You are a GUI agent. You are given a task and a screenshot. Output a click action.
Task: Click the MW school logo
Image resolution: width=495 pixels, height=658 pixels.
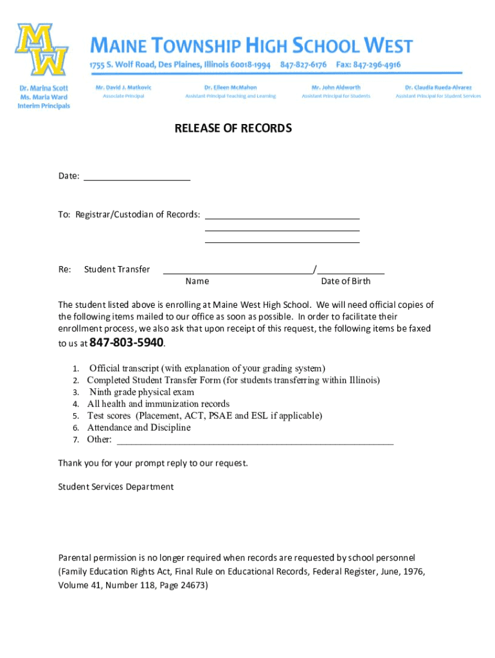[42, 50]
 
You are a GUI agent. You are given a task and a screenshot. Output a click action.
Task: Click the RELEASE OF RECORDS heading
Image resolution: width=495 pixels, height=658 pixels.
[233, 129]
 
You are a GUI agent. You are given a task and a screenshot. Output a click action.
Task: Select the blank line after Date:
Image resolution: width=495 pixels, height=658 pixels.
[137, 179]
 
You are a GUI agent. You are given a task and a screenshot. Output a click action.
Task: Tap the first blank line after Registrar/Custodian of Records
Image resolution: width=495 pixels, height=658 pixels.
[282, 217]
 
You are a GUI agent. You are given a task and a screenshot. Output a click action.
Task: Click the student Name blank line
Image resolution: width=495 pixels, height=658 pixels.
[238, 272]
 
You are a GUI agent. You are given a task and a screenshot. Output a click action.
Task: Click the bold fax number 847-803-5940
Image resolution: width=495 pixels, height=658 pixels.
[127, 342]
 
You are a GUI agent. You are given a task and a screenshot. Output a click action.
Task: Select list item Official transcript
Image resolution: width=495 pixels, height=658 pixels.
[207, 368]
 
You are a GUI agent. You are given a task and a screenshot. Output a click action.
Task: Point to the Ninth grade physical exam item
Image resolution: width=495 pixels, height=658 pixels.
[141, 392]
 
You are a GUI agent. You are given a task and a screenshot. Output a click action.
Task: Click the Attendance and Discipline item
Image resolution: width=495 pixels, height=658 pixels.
[139, 427]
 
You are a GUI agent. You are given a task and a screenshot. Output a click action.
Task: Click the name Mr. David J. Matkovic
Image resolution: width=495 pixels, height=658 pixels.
[123, 87]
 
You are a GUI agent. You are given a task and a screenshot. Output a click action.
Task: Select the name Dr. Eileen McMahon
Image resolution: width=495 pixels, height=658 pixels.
[230, 87]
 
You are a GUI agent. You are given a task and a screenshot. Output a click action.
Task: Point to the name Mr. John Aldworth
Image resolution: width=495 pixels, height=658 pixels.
[336, 87]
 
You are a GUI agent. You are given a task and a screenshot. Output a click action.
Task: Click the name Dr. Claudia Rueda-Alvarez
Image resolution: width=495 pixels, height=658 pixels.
[438, 87]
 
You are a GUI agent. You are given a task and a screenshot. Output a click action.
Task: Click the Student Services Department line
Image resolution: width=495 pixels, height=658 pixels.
[116, 486]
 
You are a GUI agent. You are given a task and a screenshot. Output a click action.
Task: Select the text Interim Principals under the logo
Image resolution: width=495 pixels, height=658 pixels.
[42, 106]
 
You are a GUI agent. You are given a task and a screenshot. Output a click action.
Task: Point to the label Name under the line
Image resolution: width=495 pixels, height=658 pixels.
[197, 281]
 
